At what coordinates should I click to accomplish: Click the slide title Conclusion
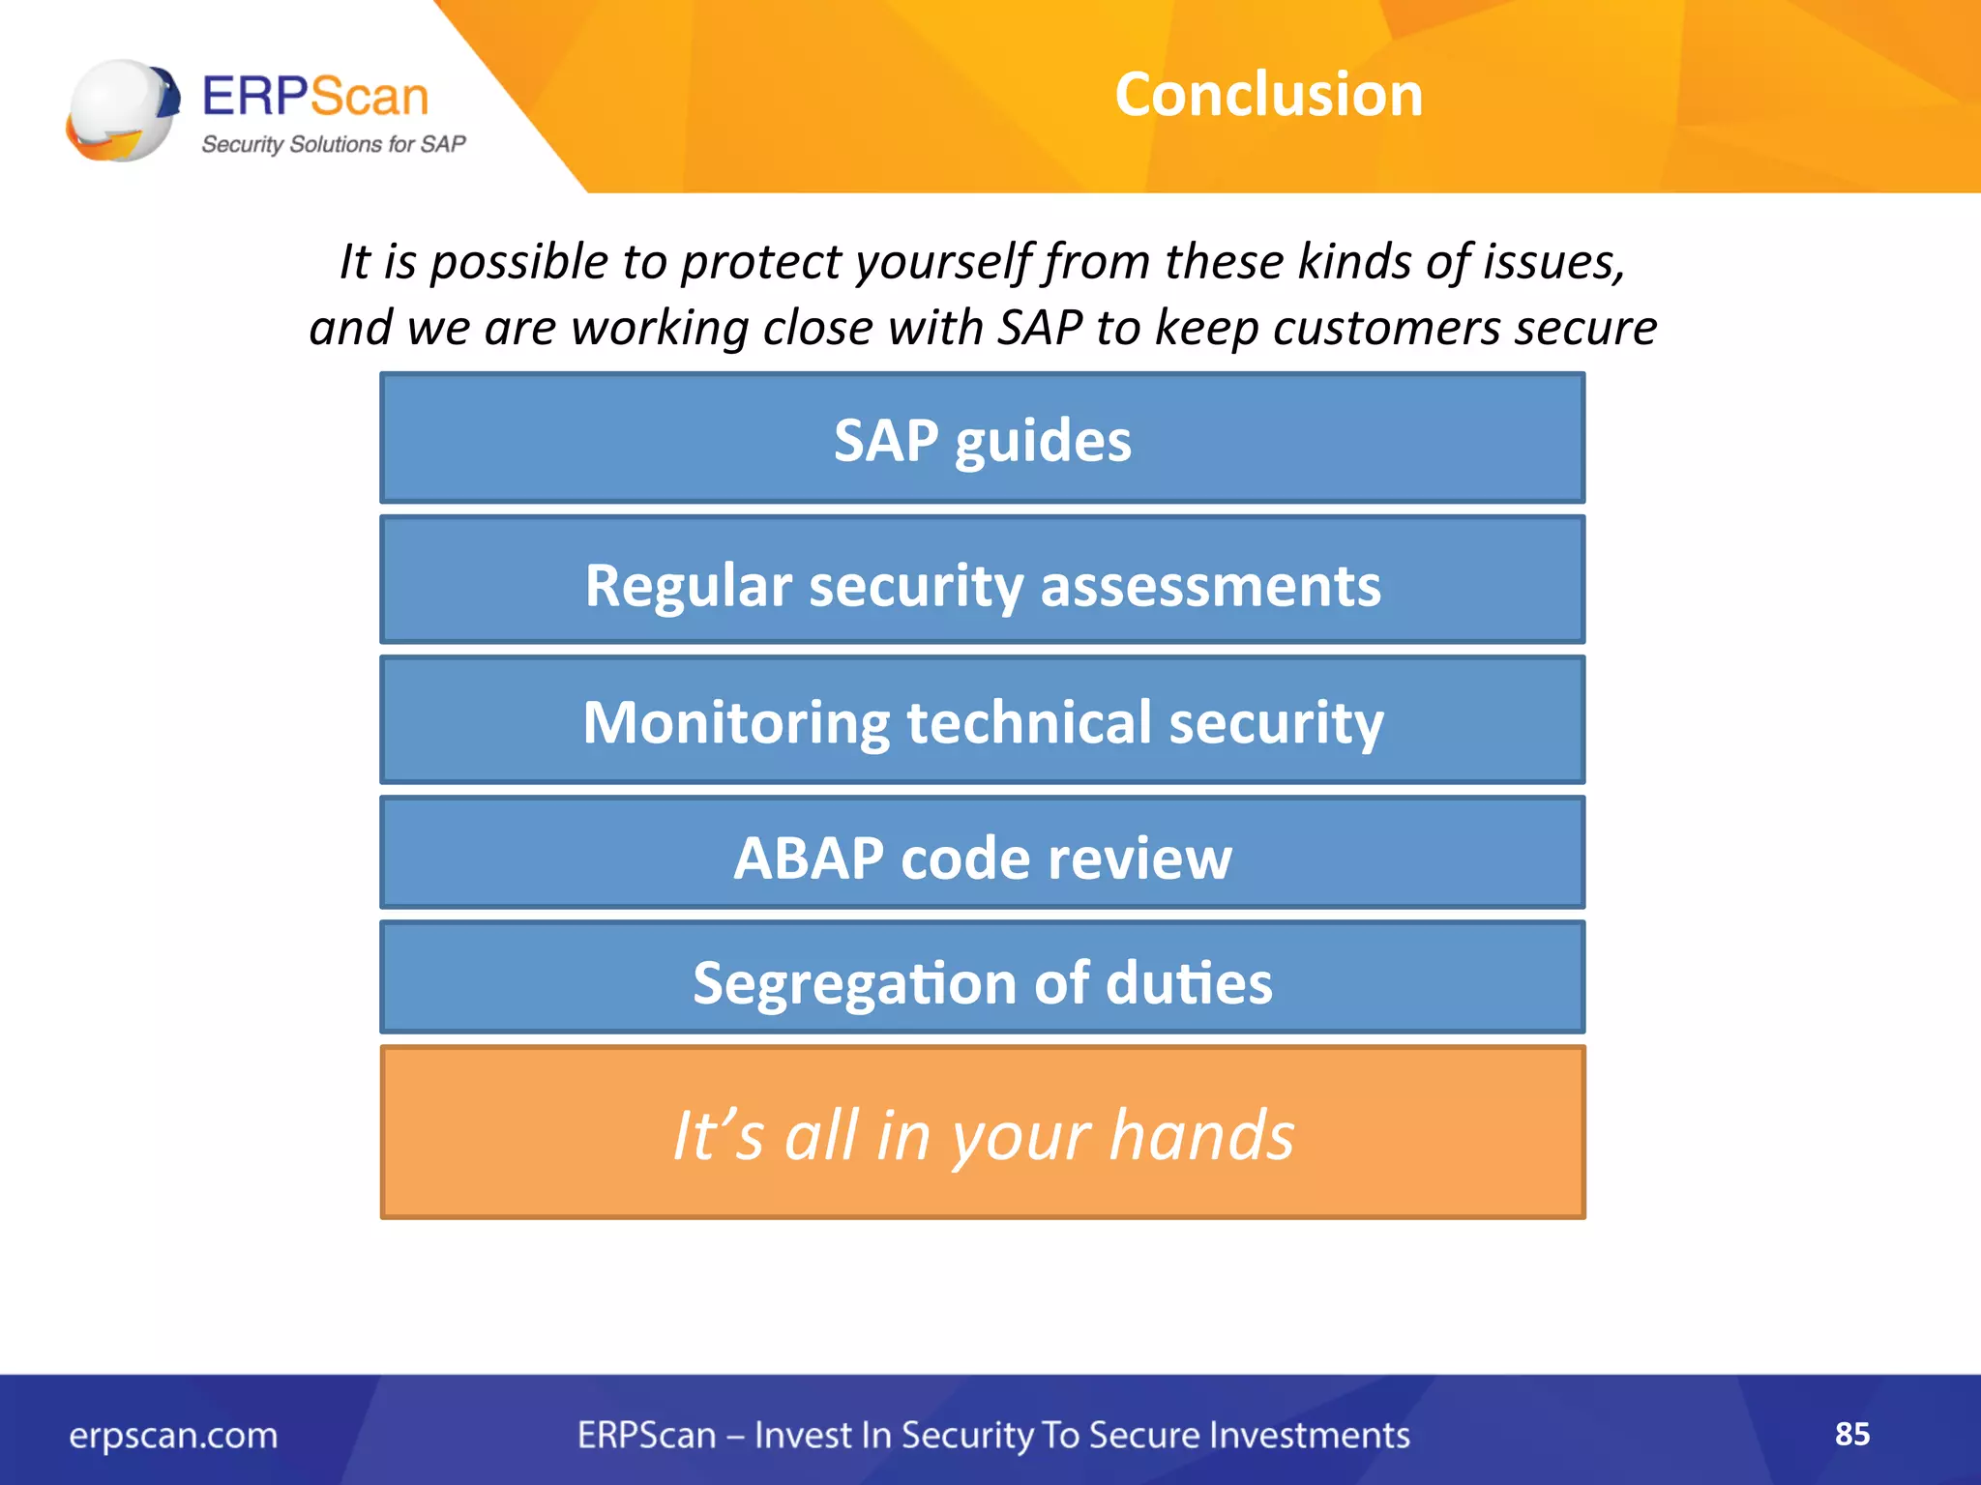[x=1268, y=95]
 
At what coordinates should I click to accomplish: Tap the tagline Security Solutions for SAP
[x=333, y=144]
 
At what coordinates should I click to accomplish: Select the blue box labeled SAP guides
[x=982, y=440]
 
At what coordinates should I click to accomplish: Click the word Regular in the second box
[x=688, y=586]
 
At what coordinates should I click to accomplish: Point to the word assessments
[x=1210, y=586]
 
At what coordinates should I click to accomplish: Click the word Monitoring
[x=735, y=723]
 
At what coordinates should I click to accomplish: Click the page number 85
[x=1851, y=1434]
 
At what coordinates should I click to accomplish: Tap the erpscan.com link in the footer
[x=173, y=1436]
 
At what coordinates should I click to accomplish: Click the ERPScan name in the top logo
[x=315, y=97]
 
